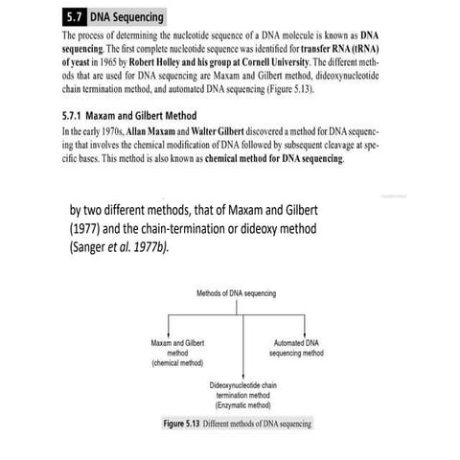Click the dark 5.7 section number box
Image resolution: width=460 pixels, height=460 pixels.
(73, 17)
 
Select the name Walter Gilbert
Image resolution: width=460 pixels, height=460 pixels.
(217, 128)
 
